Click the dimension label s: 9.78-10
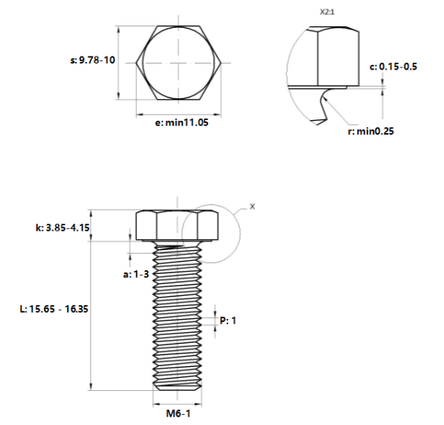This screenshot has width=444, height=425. [93, 60]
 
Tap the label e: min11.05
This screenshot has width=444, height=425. [182, 122]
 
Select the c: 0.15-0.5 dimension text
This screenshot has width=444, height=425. [393, 67]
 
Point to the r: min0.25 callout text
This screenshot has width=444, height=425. [371, 131]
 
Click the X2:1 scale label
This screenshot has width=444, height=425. [327, 12]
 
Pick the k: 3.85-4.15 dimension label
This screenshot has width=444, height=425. [63, 228]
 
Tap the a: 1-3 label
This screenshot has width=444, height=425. [136, 274]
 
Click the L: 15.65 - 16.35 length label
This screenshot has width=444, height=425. [54, 309]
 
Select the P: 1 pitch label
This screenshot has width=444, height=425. [227, 320]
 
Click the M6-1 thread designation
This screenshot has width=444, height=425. [178, 413]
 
